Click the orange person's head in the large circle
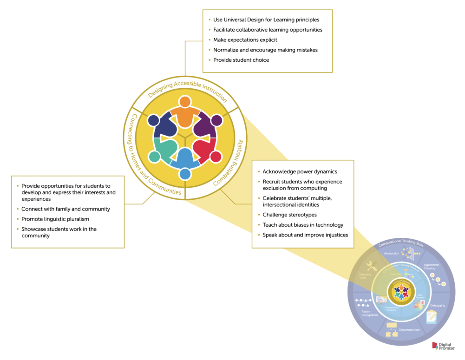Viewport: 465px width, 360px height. pos(185,102)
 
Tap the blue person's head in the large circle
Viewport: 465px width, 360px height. pos(185,174)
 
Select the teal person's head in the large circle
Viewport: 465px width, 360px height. pos(154,157)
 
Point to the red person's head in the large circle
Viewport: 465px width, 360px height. pos(216,157)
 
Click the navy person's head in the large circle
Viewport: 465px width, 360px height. pos(154,120)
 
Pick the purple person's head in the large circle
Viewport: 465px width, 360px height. pos(216,121)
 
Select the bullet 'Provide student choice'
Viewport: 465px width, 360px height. pos(241,60)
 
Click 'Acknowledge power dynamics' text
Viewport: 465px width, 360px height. pos(300,171)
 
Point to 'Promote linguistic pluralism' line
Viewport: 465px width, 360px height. pos(55,219)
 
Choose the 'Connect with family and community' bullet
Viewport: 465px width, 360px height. pos(65,209)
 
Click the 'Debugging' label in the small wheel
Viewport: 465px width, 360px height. pos(437,305)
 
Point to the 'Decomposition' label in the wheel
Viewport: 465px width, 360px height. pos(409,330)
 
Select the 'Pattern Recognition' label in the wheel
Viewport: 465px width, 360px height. pos(369,313)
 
